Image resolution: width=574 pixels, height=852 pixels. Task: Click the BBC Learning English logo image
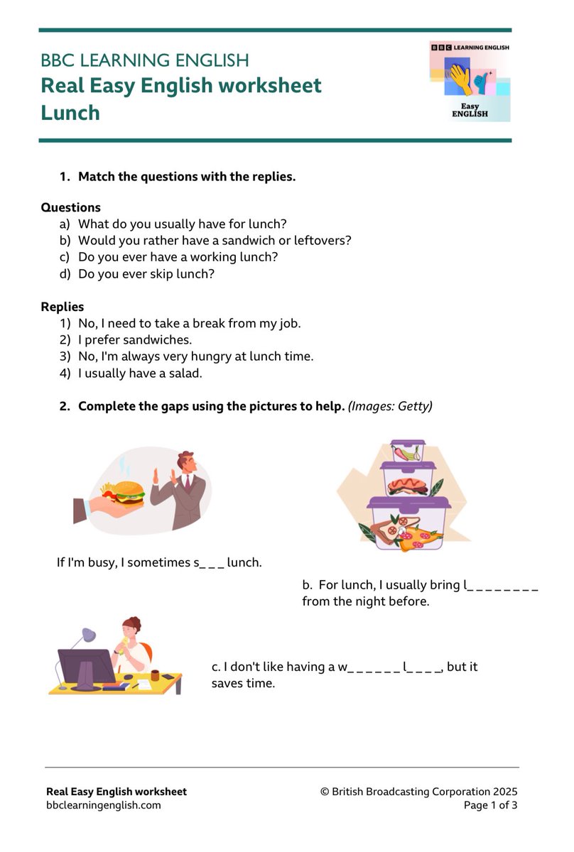tap(470, 81)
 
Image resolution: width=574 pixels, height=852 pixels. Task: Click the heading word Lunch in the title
tap(70, 113)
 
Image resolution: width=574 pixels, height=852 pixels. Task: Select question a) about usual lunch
tap(182, 224)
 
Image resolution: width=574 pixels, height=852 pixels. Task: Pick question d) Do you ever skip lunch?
tap(146, 273)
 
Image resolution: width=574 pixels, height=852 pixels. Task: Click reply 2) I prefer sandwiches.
tap(135, 339)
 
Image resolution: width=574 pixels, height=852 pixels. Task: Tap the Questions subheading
tap(70, 207)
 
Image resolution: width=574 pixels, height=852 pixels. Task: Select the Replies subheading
tap(63, 307)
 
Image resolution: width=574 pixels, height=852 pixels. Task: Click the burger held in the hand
tap(130, 491)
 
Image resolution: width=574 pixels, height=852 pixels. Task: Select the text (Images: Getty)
tap(390, 406)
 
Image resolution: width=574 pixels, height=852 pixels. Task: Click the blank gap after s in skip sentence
tap(212, 563)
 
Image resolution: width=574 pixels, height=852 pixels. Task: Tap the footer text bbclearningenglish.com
tap(104, 805)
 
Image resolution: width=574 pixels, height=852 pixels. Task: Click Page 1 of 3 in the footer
tap(490, 805)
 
